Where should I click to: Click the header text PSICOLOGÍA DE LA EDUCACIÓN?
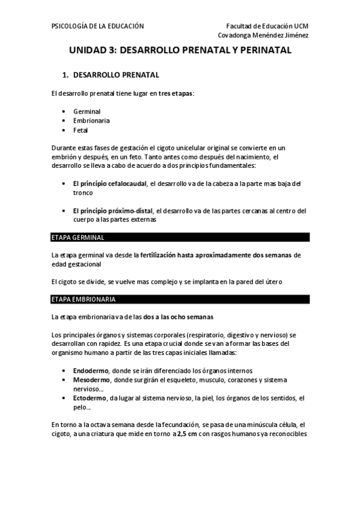(97, 26)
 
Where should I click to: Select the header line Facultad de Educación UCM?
(267, 26)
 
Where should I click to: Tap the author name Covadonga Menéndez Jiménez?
(263, 35)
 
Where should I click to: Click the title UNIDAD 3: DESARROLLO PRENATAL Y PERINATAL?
(180, 52)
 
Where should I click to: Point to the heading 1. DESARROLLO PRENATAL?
(111, 75)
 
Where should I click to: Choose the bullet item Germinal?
(87, 111)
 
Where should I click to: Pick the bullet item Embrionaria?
(91, 120)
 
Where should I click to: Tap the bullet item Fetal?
(81, 129)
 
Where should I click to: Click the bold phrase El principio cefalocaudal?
(111, 183)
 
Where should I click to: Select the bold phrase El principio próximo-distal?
(113, 210)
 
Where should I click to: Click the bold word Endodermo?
(91, 370)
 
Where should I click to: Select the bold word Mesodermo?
(91, 379)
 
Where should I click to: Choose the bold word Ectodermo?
(90, 398)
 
